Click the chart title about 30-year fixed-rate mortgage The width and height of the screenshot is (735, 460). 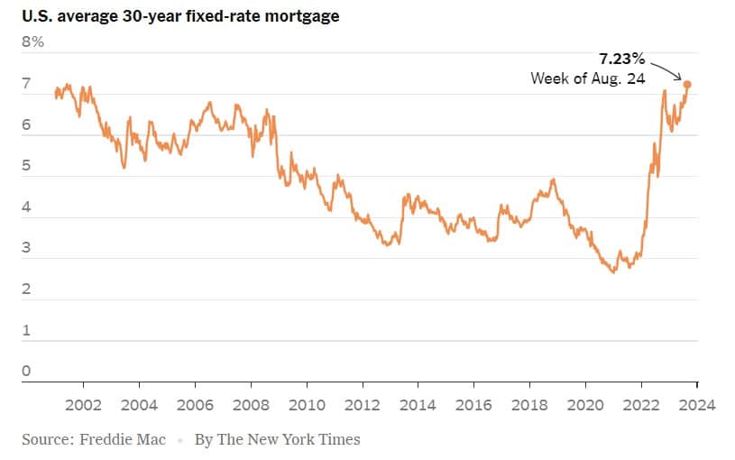[180, 16]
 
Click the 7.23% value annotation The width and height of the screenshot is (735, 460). [622, 59]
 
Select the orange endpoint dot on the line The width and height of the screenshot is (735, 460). [687, 84]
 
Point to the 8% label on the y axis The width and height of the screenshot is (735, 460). [33, 41]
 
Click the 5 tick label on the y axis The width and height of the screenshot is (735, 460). [27, 166]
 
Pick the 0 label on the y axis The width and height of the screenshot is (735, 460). [27, 371]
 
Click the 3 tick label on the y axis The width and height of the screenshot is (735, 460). [27, 248]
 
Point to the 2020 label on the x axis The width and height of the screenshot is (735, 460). [586, 405]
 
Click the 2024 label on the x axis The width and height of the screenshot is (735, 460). [697, 405]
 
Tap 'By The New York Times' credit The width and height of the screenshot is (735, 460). [277, 439]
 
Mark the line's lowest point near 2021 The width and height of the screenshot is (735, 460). [613, 271]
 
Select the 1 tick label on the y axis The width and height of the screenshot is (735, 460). [27, 330]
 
